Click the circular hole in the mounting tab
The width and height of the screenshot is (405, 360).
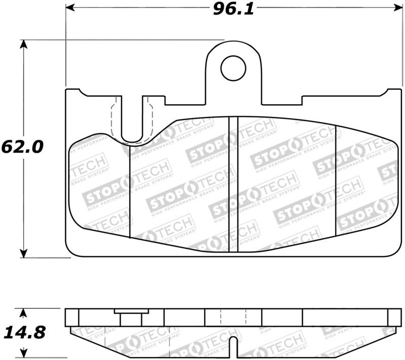(x=233, y=68)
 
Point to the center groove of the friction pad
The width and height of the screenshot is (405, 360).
(x=233, y=185)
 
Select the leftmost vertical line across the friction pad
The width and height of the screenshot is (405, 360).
(x=131, y=192)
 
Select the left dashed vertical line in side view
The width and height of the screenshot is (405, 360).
(x=221, y=317)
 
